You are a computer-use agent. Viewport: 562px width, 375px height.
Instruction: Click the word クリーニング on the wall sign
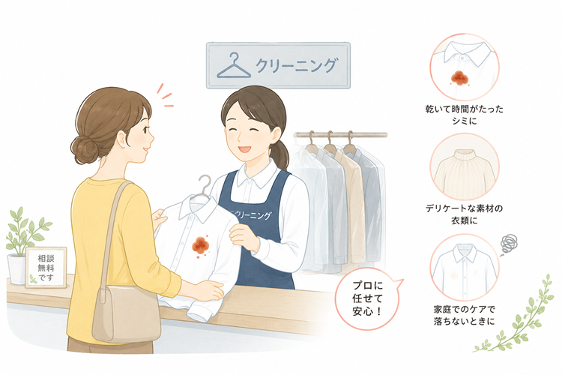tap(297, 66)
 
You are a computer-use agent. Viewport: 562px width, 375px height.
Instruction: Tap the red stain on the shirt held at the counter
tap(200, 246)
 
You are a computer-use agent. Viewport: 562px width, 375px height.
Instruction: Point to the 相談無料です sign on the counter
tap(46, 267)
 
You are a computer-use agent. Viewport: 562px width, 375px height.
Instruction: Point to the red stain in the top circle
tap(458, 77)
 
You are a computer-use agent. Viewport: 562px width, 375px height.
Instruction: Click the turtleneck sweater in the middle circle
tap(465, 173)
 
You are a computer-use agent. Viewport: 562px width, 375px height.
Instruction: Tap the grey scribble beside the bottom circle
tap(509, 244)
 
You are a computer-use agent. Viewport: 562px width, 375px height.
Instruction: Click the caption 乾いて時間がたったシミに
tap(464, 115)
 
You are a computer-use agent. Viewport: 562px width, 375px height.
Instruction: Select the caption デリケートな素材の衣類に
tap(464, 214)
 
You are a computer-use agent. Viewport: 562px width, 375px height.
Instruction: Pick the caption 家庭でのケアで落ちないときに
tap(464, 315)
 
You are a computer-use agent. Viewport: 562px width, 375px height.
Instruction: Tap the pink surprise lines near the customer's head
tap(165, 96)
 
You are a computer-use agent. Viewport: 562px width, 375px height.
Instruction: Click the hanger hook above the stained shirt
tap(205, 184)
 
